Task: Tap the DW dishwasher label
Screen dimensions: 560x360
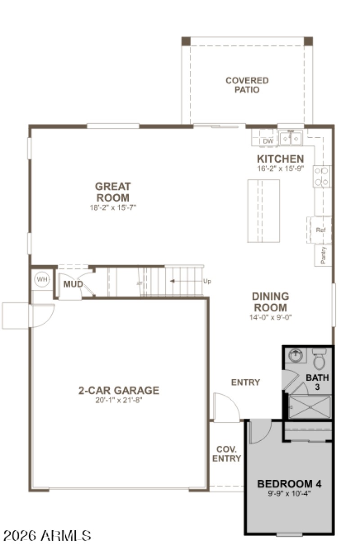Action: (268, 141)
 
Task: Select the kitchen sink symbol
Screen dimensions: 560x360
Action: (290, 138)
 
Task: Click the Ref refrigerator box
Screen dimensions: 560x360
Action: (320, 230)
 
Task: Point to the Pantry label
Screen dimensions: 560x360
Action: (323, 255)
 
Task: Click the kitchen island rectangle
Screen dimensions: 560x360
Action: (263, 212)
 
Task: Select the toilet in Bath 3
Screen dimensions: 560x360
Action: (319, 359)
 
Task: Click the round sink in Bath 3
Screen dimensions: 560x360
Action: (295, 356)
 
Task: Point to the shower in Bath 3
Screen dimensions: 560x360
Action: (310, 406)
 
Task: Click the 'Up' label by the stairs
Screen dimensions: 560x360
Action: (207, 281)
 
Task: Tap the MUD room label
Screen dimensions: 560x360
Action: (73, 284)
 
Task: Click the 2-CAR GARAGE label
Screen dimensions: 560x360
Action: (119, 390)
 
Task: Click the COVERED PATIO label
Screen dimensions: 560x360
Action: (247, 85)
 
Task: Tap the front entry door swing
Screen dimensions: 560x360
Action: (226, 407)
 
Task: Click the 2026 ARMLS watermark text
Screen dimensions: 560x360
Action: (47, 536)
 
